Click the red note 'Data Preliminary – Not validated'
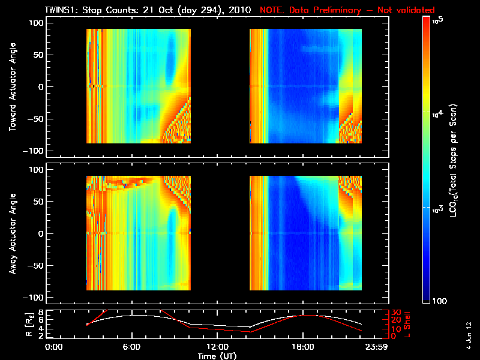click(x=347, y=10)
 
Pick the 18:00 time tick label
click(x=303, y=347)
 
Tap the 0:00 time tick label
click(x=54, y=347)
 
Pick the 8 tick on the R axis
click(x=41, y=312)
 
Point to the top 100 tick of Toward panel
click(x=37, y=22)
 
